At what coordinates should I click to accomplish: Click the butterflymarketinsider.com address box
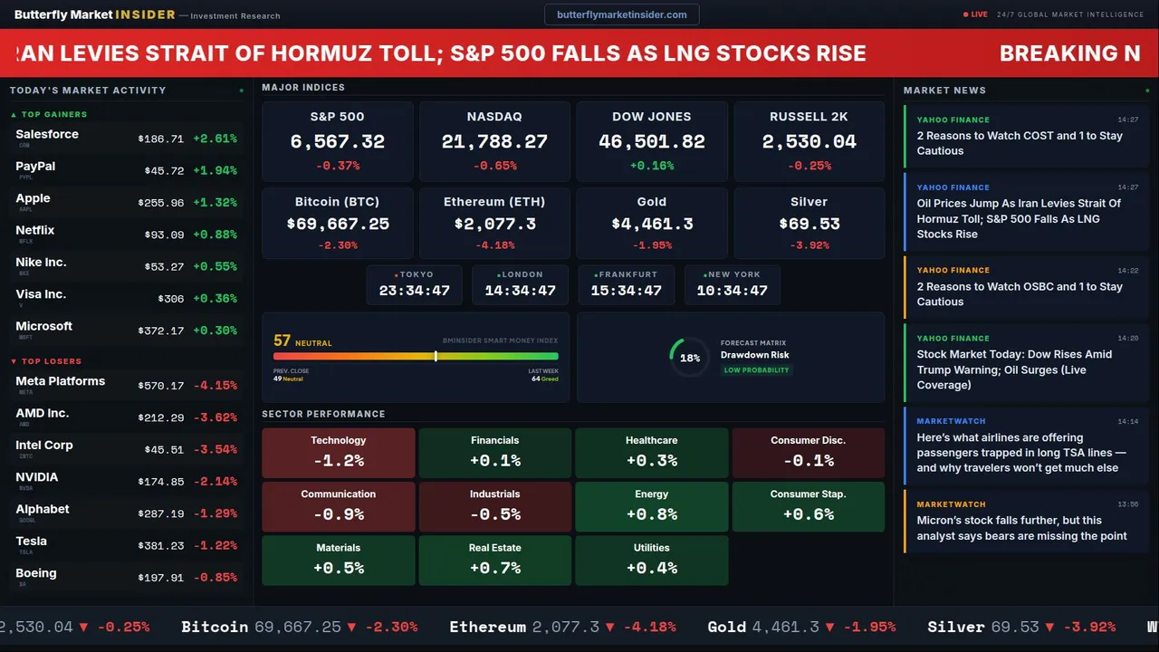click(x=621, y=14)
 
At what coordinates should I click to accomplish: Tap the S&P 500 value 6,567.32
click(x=337, y=142)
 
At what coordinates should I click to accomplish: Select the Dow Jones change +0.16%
click(x=651, y=166)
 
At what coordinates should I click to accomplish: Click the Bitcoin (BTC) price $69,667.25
click(x=338, y=224)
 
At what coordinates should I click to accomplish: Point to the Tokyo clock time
click(x=414, y=291)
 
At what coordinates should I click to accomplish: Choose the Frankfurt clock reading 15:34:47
click(x=626, y=291)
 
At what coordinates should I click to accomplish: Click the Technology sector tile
click(x=339, y=452)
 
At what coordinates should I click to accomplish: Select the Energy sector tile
click(x=651, y=506)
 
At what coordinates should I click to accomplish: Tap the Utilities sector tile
click(x=651, y=560)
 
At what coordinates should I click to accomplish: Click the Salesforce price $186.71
click(x=160, y=139)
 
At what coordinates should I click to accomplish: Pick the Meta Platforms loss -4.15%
click(x=216, y=386)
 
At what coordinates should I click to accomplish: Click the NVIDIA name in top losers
click(x=37, y=477)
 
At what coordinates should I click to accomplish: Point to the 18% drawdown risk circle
click(x=689, y=358)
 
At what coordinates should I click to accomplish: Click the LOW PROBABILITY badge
click(x=756, y=370)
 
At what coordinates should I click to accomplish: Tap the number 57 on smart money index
click(x=283, y=340)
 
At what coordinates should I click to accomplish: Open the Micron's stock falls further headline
click(x=1021, y=528)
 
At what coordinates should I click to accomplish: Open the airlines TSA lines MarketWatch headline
click(x=1021, y=453)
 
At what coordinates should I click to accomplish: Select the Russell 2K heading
click(x=809, y=117)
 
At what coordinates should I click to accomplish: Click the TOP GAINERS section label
click(x=53, y=115)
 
